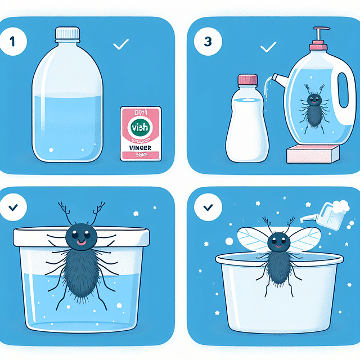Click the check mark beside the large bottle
(x=121, y=44)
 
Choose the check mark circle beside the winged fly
(x=204, y=207)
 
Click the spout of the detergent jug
(x=278, y=78)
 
